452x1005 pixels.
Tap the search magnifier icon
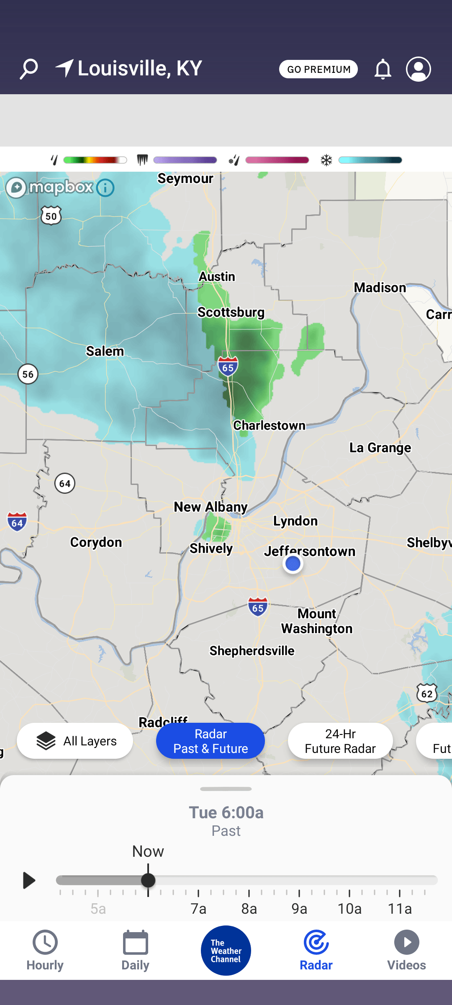pos(29,69)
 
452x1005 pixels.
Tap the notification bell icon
pos(383,69)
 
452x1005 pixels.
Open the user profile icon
pos(418,69)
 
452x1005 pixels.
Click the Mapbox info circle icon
pos(105,188)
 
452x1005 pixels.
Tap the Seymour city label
pos(185,179)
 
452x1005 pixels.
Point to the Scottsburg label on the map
pos(231,312)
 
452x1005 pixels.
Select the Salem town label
pos(105,351)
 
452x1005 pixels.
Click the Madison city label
pos(380,288)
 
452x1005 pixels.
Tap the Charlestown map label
pos(269,425)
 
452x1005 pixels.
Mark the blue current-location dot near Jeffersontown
pos(293,564)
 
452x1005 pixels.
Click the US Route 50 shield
pos(51,216)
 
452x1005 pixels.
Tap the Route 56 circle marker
pos(28,374)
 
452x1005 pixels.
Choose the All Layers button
pos(75,741)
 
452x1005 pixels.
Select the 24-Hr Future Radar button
pos(340,741)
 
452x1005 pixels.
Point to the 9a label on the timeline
pos(299,909)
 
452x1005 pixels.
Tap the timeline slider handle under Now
pos(148,880)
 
